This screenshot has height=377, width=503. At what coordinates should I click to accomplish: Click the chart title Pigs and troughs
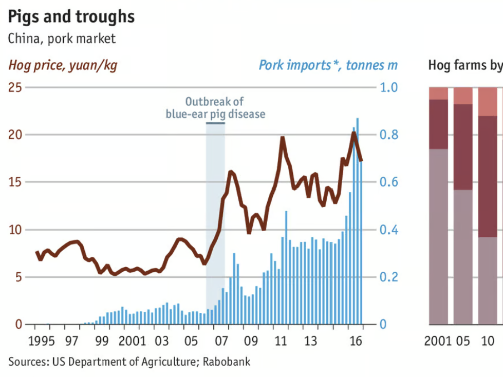coord(71,16)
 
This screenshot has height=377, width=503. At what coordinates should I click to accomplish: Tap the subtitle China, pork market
coord(62,39)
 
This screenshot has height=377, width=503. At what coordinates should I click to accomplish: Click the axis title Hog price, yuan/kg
coord(63,66)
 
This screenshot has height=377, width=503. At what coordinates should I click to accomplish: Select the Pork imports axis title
coord(328,66)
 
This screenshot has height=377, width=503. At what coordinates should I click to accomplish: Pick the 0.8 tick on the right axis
coord(389,135)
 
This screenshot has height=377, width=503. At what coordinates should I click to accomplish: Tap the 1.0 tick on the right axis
coord(389,87)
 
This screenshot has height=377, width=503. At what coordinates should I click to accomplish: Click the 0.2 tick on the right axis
coord(389,277)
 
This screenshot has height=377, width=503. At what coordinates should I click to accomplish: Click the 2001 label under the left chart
coord(132,341)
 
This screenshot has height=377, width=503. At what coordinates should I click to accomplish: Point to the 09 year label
coord(251,341)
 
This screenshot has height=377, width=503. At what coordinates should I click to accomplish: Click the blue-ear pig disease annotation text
coord(215,114)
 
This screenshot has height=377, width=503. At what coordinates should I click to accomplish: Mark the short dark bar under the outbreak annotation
coord(215,123)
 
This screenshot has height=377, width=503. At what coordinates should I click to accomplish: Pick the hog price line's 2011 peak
coord(282,138)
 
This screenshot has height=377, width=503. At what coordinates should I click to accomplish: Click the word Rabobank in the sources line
coord(227,362)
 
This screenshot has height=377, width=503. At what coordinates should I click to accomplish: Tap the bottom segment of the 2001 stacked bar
coord(438,236)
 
